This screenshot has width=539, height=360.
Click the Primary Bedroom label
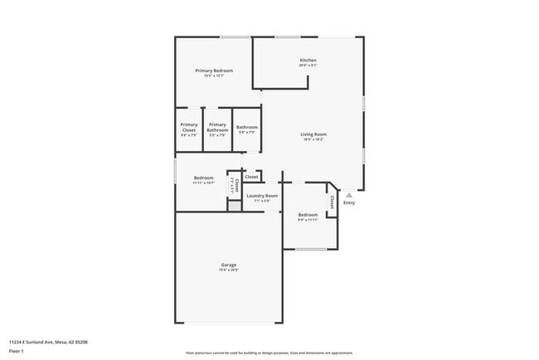pyautogui.click(x=214, y=71)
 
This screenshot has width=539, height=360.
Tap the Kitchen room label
pyautogui.click(x=308, y=60)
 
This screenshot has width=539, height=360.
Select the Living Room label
pyautogui.click(x=313, y=134)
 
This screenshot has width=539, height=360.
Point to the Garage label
pyautogui.click(x=229, y=265)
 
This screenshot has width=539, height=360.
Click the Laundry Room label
pyautogui.click(x=262, y=195)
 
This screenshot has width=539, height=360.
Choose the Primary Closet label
pyautogui.click(x=189, y=127)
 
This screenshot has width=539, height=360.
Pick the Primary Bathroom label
pyautogui.click(x=217, y=127)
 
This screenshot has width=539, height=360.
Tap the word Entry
pyautogui.click(x=349, y=202)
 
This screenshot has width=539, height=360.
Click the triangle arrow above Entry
pyautogui.click(x=349, y=195)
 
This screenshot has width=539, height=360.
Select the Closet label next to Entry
pyautogui.click(x=333, y=202)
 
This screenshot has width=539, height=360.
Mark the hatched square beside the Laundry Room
pyautogui.click(x=235, y=205)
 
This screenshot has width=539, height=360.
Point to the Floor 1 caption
pyautogui.click(x=17, y=351)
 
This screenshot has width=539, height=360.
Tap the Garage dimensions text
pyautogui.click(x=229, y=270)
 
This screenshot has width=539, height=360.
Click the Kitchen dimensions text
pyautogui.click(x=308, y=66)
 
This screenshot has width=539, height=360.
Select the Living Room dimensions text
pyautogui.click(x=313, y=139)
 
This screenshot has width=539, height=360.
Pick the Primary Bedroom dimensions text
pyautogui.click(x=214, y=76)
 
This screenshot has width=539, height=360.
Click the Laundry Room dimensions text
pyautogui.click(x=262, y=201)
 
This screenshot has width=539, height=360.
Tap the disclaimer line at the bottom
pyautogui.click(x=269, y=352)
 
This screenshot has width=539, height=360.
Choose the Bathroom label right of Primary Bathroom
pyautogui.click(x=247, y=127)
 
